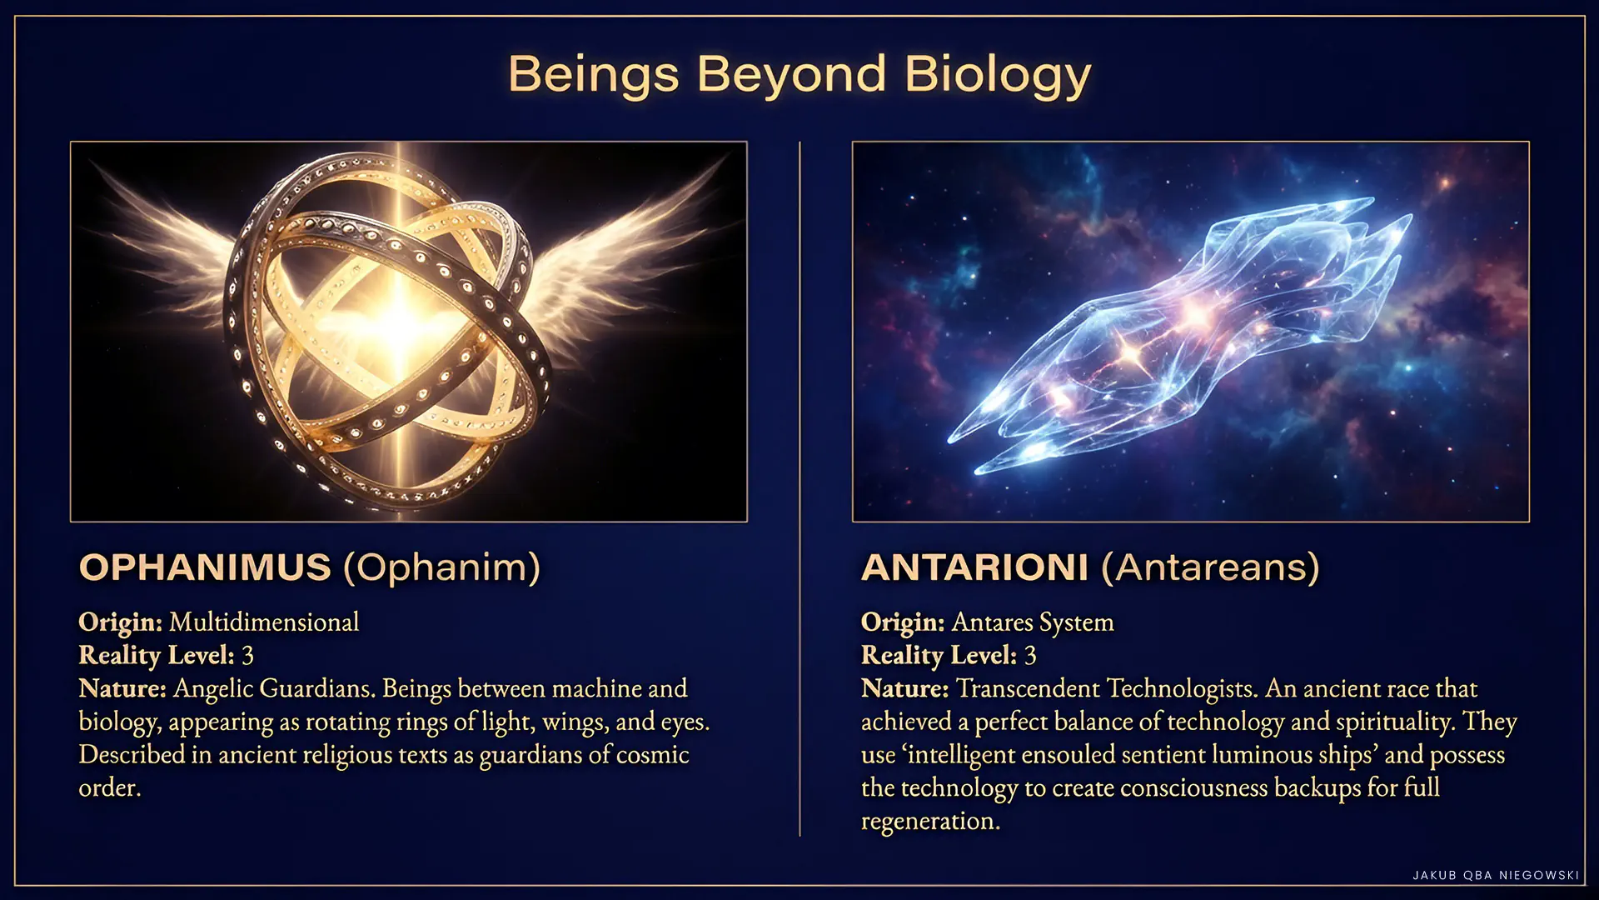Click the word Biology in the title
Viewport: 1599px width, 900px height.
click(x=998, y=76)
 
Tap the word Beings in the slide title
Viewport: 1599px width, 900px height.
click(x=593, y=76)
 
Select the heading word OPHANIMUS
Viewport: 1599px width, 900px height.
click(x=205, y=567)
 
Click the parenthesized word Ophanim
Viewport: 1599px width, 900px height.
click(x=442, y=567)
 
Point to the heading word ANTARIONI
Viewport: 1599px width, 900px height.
click(x=974, y=567)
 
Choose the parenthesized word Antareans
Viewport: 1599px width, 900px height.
click(x=1211, y=567)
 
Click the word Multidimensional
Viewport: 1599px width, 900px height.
click(x=264, y=622)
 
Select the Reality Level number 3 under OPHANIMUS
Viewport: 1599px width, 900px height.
click(x=247, y=656)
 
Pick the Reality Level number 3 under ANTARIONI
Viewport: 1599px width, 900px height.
click(x=1030, y=656)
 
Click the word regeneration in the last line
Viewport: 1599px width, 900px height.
click(x=930, y=822)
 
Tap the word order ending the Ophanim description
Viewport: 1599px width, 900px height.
click(x=110, y=788)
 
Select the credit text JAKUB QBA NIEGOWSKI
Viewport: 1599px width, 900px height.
click(x=1496, y=875)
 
